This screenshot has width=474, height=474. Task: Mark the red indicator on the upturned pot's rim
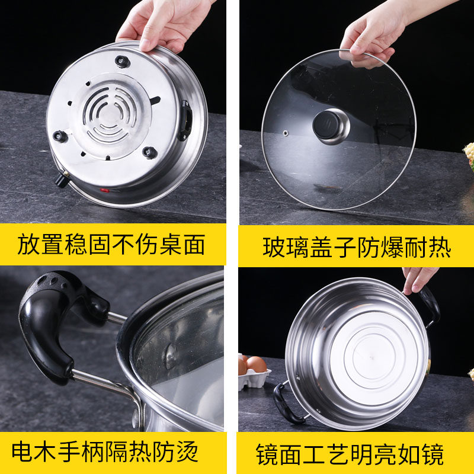105,191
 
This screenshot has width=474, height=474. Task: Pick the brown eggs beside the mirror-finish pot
252,364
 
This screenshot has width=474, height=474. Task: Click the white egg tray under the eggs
254,379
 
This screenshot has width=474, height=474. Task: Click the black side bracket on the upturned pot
185,120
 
